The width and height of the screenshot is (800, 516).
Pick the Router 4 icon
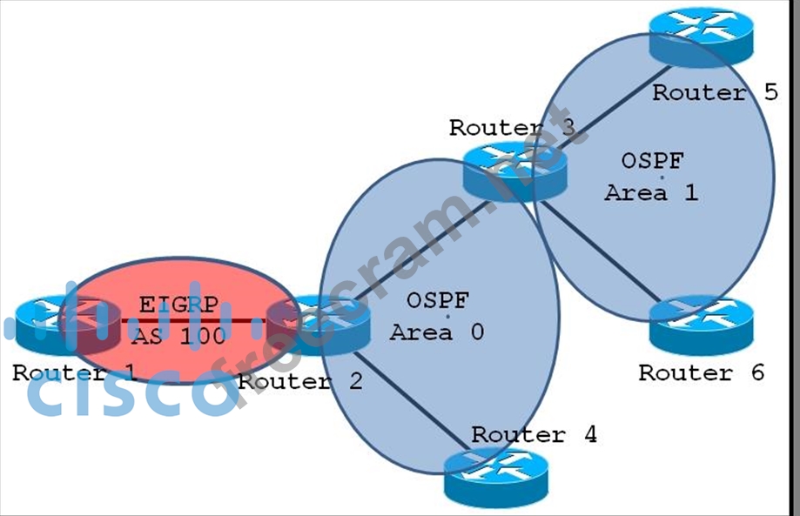[x=497, y=478]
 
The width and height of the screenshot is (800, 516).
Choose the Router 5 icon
[x=701, y=37]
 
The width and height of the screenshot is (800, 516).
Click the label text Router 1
[x=75, y=373]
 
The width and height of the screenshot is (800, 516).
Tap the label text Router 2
[x=299, y=381]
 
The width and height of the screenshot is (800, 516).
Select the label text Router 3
[x=512, y=128]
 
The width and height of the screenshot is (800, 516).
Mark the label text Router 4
[x=534, y=434]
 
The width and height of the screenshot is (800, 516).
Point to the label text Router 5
[x=715, y=92]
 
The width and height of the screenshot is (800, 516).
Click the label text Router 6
[x=701, y=373]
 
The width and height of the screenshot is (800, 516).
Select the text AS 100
[x=173, y=336]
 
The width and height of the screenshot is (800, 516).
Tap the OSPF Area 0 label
[x=437, y=316]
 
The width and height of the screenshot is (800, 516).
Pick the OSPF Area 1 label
[x=651, y=177]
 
